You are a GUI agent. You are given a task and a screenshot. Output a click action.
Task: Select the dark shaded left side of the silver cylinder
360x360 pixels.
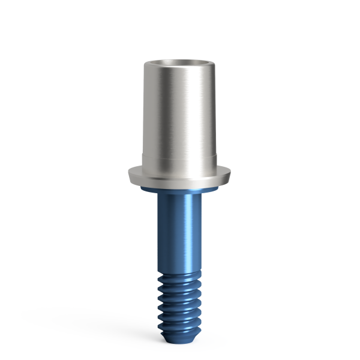(150, 114)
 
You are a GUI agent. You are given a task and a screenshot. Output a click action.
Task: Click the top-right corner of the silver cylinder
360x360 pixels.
(215, 62)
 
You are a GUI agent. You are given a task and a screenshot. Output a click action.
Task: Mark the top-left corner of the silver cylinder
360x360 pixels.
(145, 62)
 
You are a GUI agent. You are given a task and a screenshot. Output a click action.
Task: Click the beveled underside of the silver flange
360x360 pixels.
(179, 184)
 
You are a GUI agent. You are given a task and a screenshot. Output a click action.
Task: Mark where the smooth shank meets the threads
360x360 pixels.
(179, 270)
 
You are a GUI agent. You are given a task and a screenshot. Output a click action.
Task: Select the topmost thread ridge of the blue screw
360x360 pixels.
(179, 277)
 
